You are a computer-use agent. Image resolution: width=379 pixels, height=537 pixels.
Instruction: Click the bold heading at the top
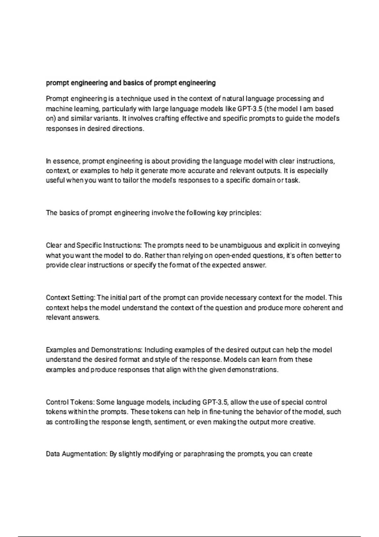click(131, 83)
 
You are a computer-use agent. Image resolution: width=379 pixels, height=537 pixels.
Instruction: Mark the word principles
click(245, 213)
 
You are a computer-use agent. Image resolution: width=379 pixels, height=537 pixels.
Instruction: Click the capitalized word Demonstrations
click(117, 350)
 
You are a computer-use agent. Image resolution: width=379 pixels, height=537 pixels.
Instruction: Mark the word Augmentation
click(84, 454)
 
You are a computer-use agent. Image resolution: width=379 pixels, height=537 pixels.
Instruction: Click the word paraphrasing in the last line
click(204, 454)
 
